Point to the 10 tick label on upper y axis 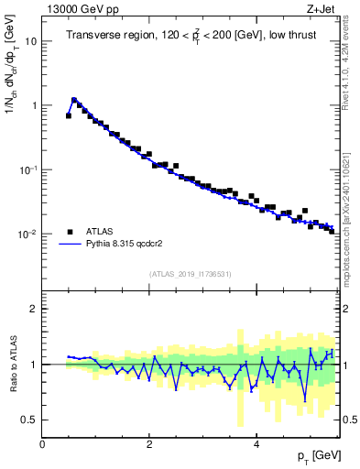[31, 41]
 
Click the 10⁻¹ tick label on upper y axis [27, 169]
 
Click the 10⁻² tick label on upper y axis [27, 234]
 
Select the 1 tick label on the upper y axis [33, 105]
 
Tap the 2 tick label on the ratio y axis [33, 309]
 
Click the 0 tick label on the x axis [42, 444]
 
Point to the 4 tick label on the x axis [256, 444]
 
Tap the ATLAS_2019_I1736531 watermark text [191, 274]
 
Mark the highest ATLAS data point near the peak [74, 101]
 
